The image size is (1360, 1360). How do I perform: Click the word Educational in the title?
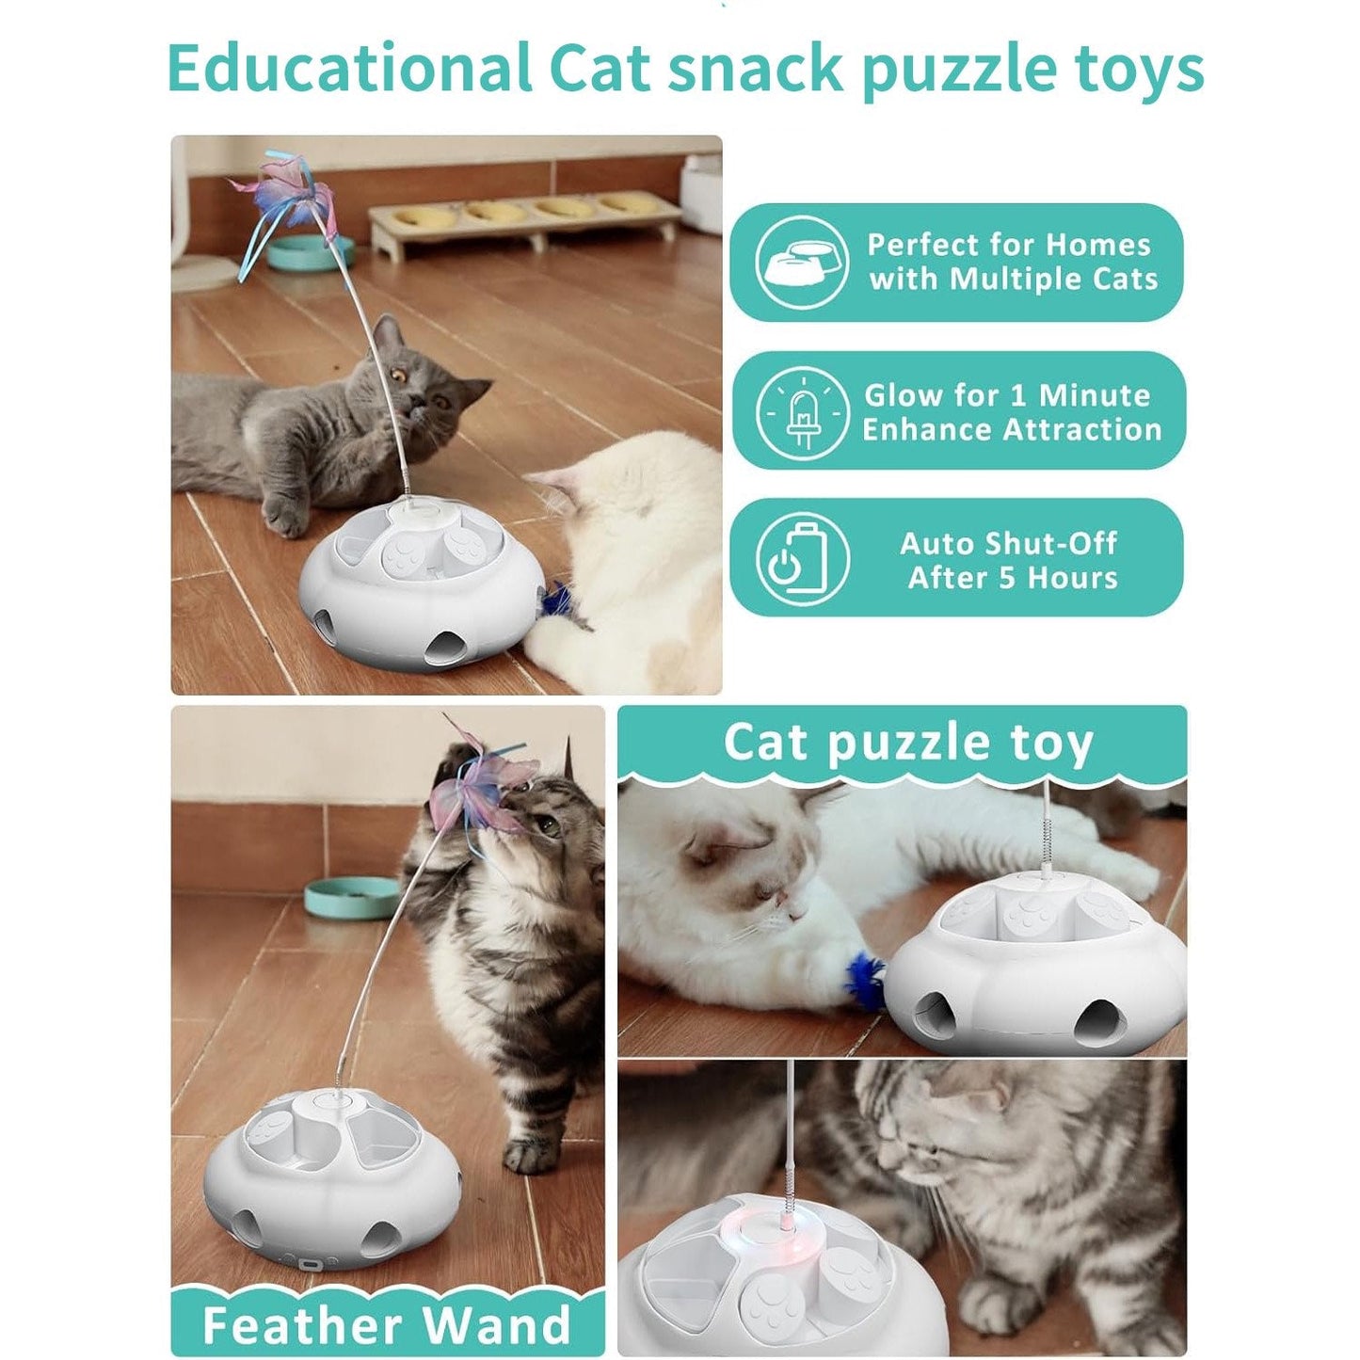(348, 69)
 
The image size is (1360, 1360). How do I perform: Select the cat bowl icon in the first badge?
(801, 263)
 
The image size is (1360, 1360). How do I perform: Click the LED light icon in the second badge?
(802, 412)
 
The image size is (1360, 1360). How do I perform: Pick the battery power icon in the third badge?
(802, 559)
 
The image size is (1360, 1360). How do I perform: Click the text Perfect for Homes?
(1008, 245)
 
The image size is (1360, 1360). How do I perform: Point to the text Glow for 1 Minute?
(1007, 394)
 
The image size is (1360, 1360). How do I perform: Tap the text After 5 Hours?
(1012, 578)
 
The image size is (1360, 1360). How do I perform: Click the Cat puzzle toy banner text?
(907, 742)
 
